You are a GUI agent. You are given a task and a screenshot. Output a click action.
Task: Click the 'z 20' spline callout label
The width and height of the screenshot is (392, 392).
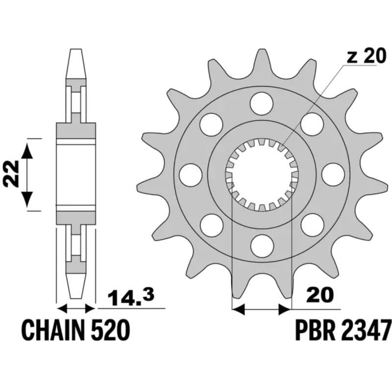click(x=366, y=57)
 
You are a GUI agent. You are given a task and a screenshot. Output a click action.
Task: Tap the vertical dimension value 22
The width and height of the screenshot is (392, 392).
click(x=12, y=174)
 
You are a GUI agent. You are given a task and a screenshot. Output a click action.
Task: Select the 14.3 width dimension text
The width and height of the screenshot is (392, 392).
click(x=129, y=297)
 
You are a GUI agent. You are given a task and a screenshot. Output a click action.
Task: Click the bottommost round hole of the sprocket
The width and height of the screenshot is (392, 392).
click(x=261, y=244)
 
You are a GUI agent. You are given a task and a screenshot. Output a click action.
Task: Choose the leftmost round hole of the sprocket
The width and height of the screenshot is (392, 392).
click(x=191, y=173)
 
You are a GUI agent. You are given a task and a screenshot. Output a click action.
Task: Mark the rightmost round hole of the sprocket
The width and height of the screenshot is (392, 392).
click(x=331, y=173)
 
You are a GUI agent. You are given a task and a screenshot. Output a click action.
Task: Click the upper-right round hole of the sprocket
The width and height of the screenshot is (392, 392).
click(x=311, y=123)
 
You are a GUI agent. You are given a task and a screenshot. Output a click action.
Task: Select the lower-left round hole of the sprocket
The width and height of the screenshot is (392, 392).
click(x=211, y=223)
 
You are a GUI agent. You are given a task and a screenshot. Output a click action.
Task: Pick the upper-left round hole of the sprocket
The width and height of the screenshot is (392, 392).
click(x=211, y=123)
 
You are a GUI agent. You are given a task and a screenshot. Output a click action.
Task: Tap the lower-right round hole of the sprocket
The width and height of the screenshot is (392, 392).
click(x=311, y=223)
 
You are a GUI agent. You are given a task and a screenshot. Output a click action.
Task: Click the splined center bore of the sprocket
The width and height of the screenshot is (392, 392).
click(x=261, y=173)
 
